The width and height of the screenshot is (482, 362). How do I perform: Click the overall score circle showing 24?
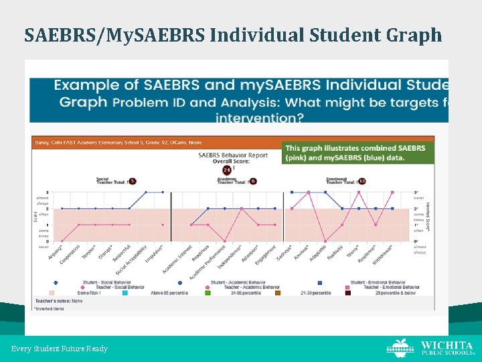pos(228,170)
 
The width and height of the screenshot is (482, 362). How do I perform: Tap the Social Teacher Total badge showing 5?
pos(133,181)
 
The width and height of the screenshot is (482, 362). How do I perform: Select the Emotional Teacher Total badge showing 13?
pos(362,181)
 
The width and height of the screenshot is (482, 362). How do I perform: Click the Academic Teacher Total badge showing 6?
pos(253,181)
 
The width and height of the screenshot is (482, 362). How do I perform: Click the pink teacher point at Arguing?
pos(62,241)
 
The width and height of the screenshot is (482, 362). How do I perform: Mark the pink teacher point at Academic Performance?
pos(224,241)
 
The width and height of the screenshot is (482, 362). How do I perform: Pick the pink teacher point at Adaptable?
pos(325,241)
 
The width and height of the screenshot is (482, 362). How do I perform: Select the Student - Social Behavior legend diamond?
pos(56,283)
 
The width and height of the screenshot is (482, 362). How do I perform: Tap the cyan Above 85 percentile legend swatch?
pos(125,292)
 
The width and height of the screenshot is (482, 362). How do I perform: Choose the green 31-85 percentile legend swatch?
pos(208,292)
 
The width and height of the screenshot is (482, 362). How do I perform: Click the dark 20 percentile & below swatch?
pos(349,292)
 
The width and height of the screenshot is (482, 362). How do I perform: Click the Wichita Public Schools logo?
pos(429,347)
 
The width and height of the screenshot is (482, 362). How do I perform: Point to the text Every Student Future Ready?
pos(59,349)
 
